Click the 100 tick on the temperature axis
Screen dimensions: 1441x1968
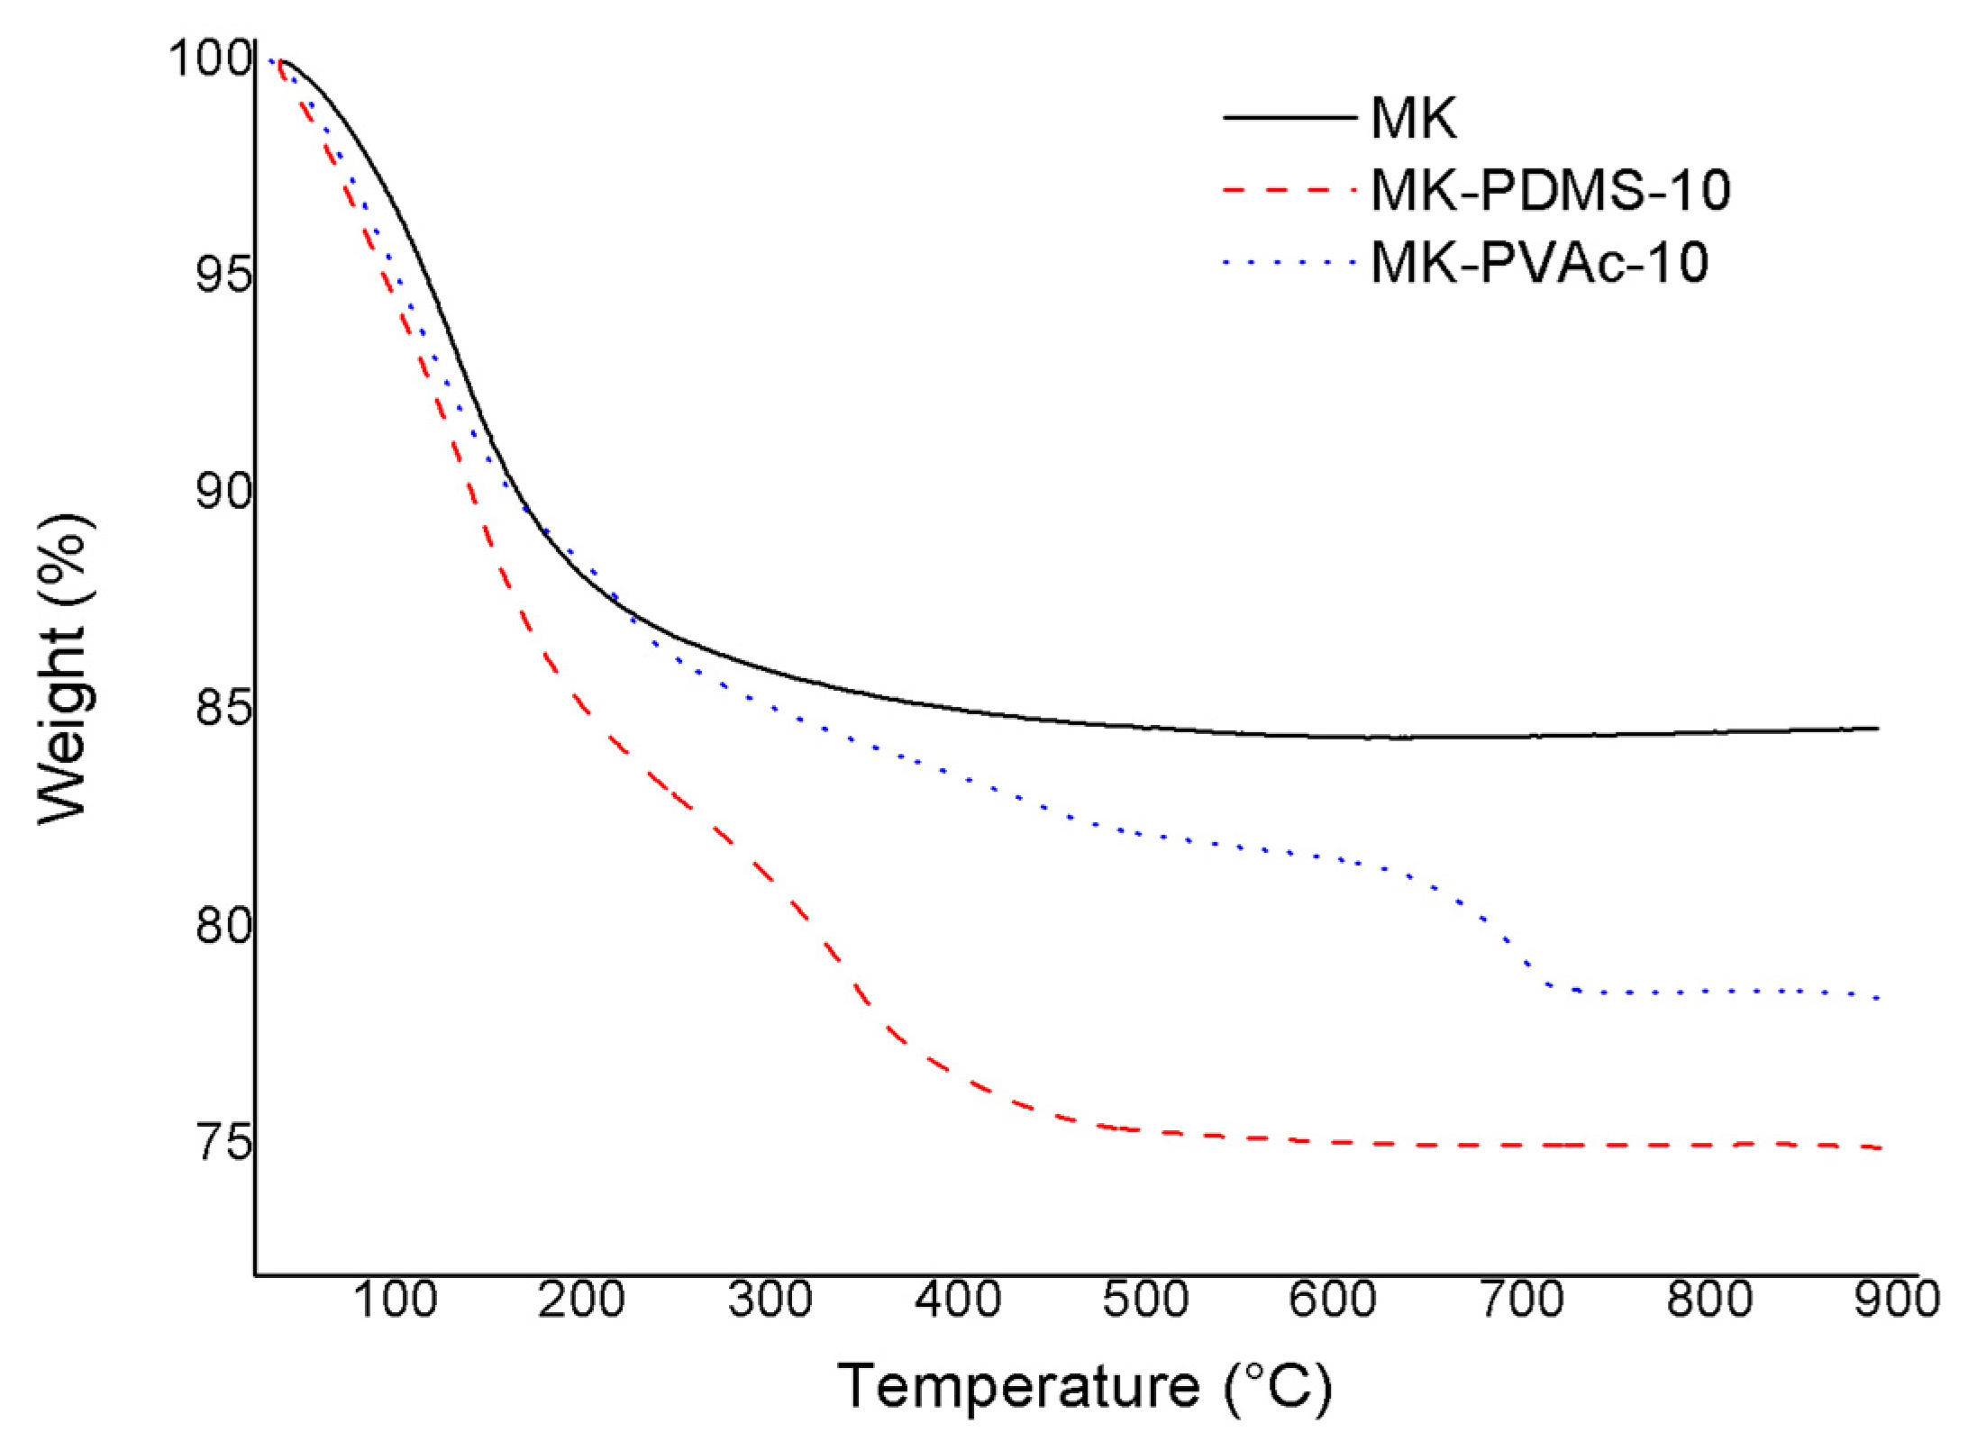[395, 1300]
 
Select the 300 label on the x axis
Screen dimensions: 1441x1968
[770, 1300]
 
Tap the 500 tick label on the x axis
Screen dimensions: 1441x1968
[1145, 1300]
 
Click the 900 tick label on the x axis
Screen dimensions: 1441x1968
[1896, 1300]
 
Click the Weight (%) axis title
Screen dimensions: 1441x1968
[65, 668]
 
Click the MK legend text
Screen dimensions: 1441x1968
[1413, 118]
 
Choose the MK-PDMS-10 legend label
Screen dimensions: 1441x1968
[1550, 190]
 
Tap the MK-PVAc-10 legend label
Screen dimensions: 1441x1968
[1539, 263]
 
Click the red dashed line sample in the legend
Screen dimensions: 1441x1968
[1289, 190]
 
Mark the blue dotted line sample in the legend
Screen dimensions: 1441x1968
[1289, 263]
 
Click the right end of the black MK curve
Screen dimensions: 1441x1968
[1878, 728]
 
